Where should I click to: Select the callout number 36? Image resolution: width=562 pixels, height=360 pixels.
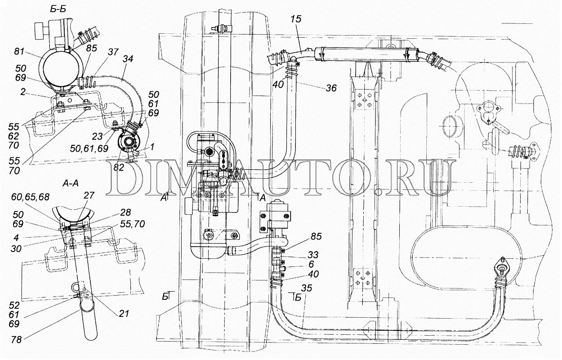[331, 89]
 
